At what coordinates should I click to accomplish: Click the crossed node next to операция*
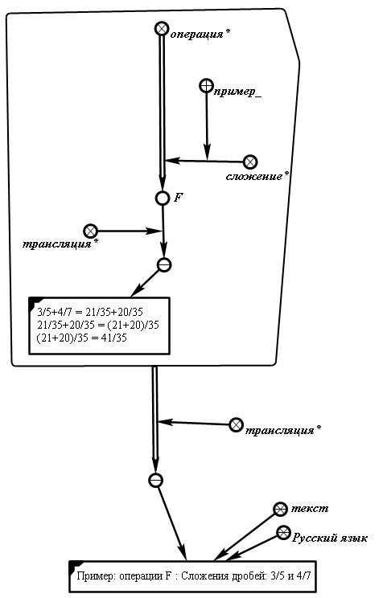pos(162,29)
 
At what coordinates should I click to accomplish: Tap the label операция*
pos(200,35)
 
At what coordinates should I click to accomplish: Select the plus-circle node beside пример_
pos(207,85)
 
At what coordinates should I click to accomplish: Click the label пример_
pos(237,92)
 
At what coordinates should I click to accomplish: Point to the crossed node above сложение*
pos(250,162)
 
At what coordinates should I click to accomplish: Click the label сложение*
pos(257,176)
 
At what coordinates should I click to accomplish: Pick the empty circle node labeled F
pos(163,198)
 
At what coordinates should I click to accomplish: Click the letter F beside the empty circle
pos(179,197)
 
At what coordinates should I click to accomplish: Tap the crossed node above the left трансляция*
pos(90,231)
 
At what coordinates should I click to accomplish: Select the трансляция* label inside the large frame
pos(60,244)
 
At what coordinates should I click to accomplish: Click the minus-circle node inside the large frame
pos(164,264)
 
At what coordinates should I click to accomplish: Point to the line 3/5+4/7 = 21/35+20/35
pos(90,312)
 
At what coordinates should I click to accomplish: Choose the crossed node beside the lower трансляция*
pos(237,424)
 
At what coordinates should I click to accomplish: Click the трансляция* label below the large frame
pos(283,431)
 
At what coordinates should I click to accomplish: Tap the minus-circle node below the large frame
pos(155,480)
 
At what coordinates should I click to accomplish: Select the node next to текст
pos(281,509)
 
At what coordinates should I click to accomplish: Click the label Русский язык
pos(330,538)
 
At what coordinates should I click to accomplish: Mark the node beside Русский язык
pos(283,533)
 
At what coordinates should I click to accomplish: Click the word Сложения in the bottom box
pos(204,575)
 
